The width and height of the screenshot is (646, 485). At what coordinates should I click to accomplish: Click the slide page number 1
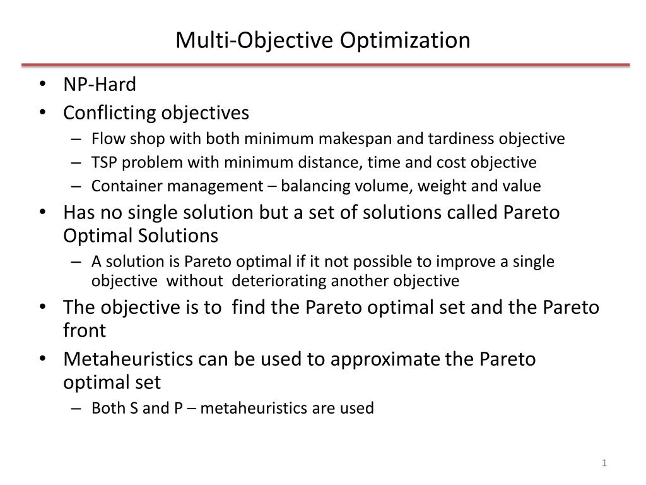pyautogui.click(x=604, y=464)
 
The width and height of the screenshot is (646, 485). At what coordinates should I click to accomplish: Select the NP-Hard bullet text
pyautogui.click(x=100, y=84)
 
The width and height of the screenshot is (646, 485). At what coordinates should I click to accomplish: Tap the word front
pyautogui.click(x=85, y=330)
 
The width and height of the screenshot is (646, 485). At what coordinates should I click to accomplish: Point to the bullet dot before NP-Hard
pyautogui.click(x=42, y=84)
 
